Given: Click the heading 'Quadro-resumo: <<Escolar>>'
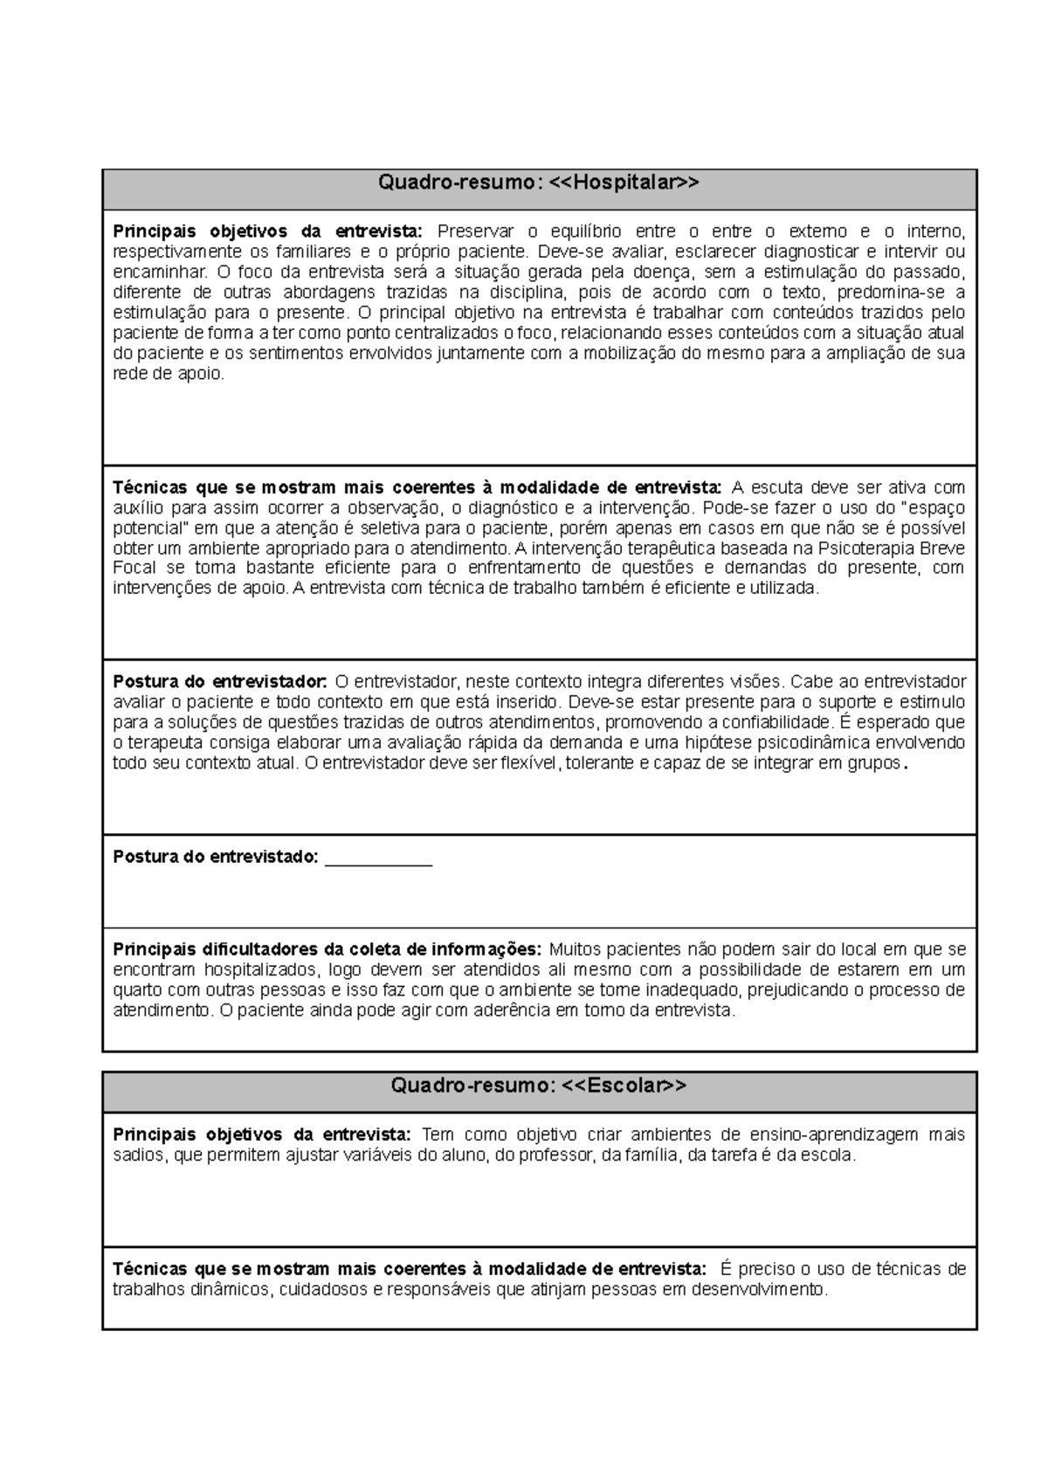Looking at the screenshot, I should [x=539, y=1086].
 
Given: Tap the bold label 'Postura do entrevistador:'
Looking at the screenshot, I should [x=220, y=682].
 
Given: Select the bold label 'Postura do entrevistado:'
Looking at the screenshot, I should [x=216, y=857].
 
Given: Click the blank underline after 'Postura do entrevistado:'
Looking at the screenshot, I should [x=378, y=859].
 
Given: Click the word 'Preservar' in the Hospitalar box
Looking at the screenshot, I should [x=471, y=231].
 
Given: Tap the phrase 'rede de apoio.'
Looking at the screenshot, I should [x=169, y=374].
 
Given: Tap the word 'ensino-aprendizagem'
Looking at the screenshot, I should [x=826, y=1135].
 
